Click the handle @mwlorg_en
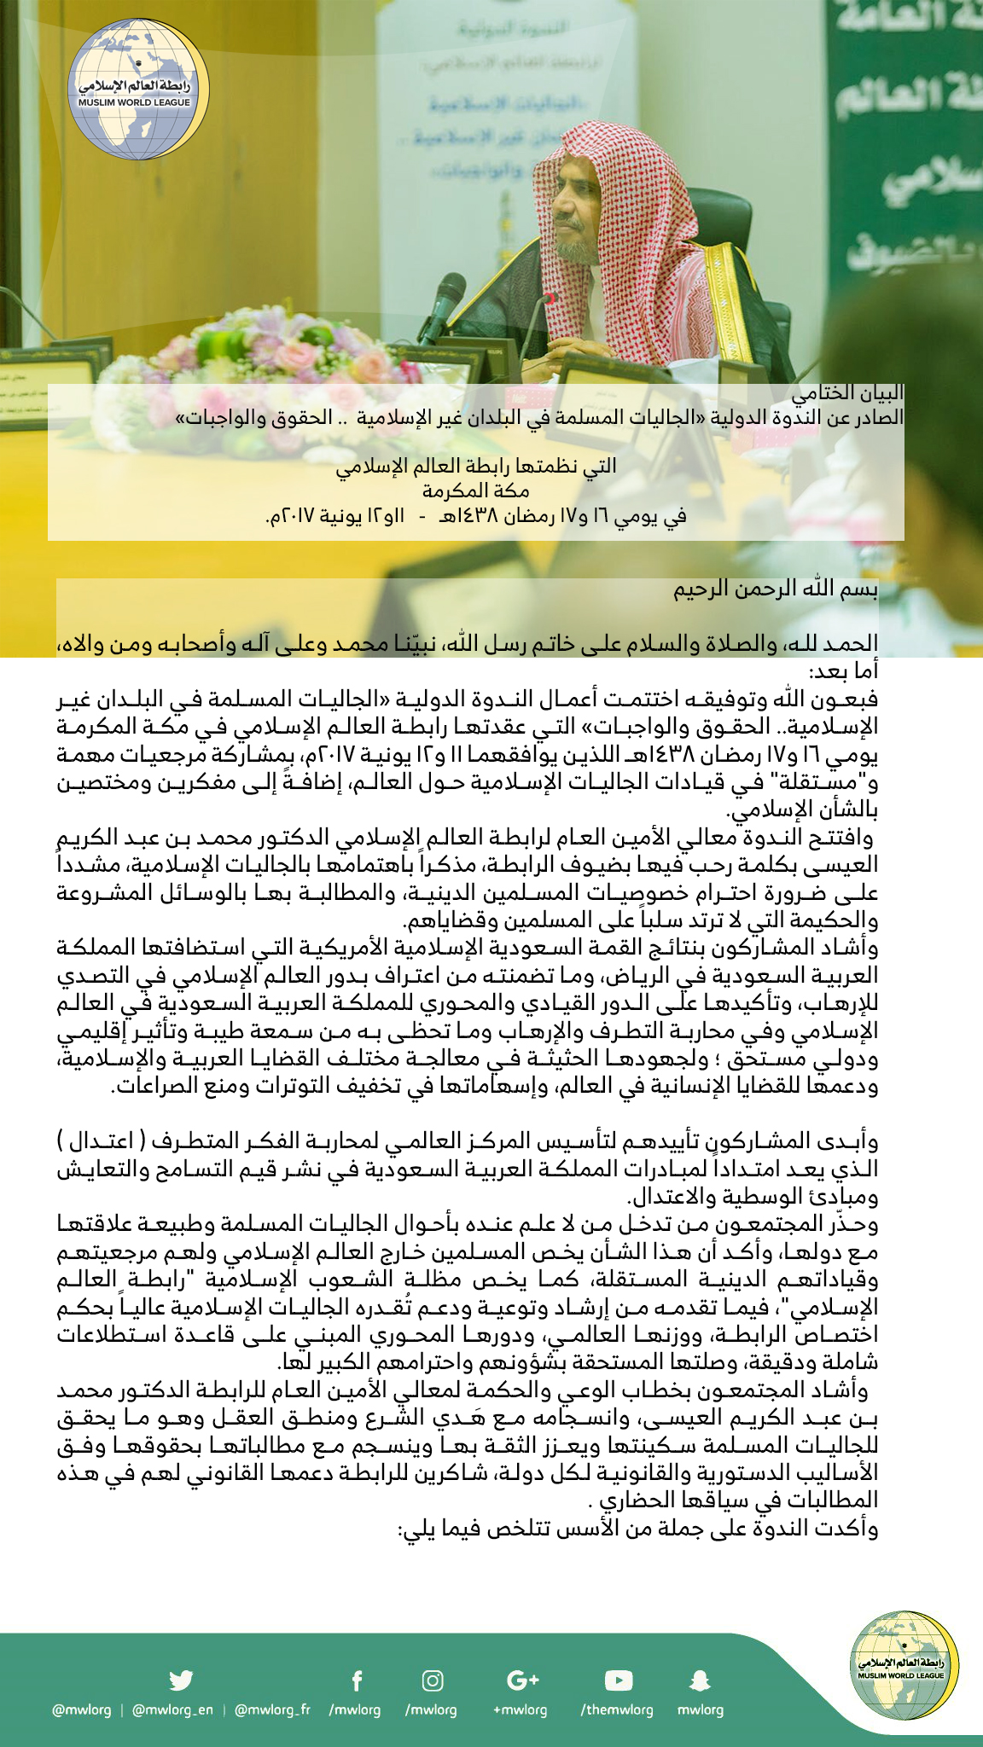point(173,1709)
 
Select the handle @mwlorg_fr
point(272,1709)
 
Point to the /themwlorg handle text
point(617,1709)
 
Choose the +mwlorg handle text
point(520,1709)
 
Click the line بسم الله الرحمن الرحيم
point(776,589)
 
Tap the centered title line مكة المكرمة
point(475,490)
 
